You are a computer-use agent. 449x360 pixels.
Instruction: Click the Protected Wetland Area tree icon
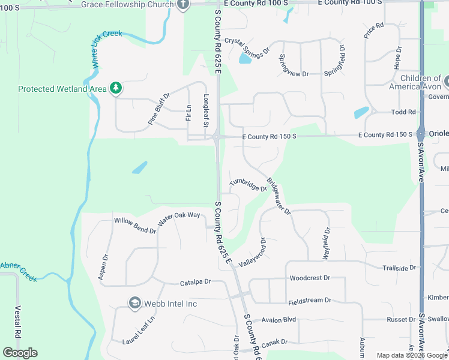click(x=116, y=89)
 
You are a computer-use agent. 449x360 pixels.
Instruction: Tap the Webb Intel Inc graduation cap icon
click(x=135, y=304)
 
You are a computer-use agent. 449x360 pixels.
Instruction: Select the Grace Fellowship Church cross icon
click(x=183, y=5)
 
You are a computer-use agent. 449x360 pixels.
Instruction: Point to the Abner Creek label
click(x=17, y=268)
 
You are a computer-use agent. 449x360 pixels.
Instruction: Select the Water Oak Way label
click(x=179, y=218)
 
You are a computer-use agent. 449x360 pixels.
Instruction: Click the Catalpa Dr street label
click(x=196, y=281)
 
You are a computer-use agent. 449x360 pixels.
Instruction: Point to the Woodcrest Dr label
click(x=310, y=278)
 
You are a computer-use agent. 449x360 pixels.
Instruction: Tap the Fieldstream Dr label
click(x=310, y=299)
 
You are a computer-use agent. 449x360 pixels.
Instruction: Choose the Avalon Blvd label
click(x=275, y=320)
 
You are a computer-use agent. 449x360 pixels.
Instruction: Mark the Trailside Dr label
click(x=399, y=268)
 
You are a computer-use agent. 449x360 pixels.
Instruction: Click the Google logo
click(x=20, y=353)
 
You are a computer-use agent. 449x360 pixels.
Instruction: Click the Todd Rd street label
click(x=403, y=112)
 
